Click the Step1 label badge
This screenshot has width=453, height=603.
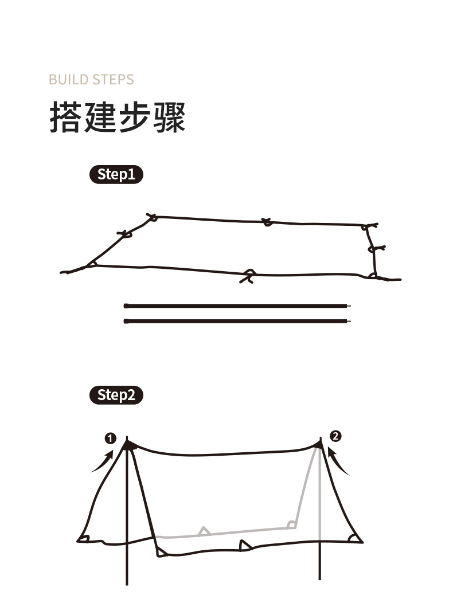click(x=116, y=174)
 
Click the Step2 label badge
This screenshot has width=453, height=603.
click(x=116, y=395)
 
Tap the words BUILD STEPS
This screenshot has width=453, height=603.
click(x=91, y=80)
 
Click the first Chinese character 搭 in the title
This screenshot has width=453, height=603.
click(x=65, y=118)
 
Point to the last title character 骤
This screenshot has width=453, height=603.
click(x=169, y=118)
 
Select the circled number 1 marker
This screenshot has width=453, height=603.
click(x=110, y=438)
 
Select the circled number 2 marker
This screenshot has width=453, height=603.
click(x=335, y=436)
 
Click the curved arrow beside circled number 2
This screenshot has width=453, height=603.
click(x=337, y=461)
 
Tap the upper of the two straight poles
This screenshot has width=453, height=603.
click(x=237, y=306)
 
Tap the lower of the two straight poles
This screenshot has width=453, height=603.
click(x=237, y=321)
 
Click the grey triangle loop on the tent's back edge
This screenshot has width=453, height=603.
click(x=204, y=531)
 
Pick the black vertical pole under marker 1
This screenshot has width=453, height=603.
click(x=127, y=511)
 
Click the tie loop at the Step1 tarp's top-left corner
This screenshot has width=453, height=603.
click(x=152, y=217)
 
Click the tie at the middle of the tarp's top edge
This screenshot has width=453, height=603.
click(x=267, y=222)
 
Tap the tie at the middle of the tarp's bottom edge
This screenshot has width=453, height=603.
click(x=249, y=276)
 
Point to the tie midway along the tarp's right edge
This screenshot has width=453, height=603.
click(x=376, y=249)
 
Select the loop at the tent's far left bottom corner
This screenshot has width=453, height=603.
click(x=83, y=538)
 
